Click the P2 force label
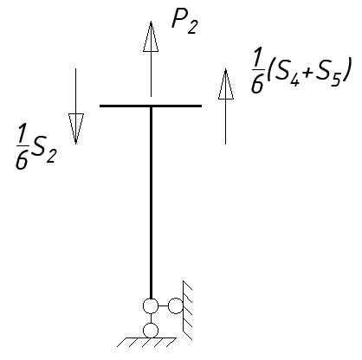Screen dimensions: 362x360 (x=184, y=22)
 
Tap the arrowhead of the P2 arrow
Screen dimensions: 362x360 (x=151, y=36)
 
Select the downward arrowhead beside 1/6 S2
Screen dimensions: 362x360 (x=76, y=129)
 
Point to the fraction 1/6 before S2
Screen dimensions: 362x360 (x=23, y=146)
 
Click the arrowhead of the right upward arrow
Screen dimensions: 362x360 (x=226, y=84)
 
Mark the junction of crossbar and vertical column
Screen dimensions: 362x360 (x=151, y=106)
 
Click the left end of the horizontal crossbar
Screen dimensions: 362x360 (x=100, y=106)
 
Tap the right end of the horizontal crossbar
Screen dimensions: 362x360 (x=201, y=106)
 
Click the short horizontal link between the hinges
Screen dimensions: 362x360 (x=163, y=306)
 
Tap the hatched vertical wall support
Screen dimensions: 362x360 (x=187, y=310)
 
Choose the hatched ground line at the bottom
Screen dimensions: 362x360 (x=146, y=342)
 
